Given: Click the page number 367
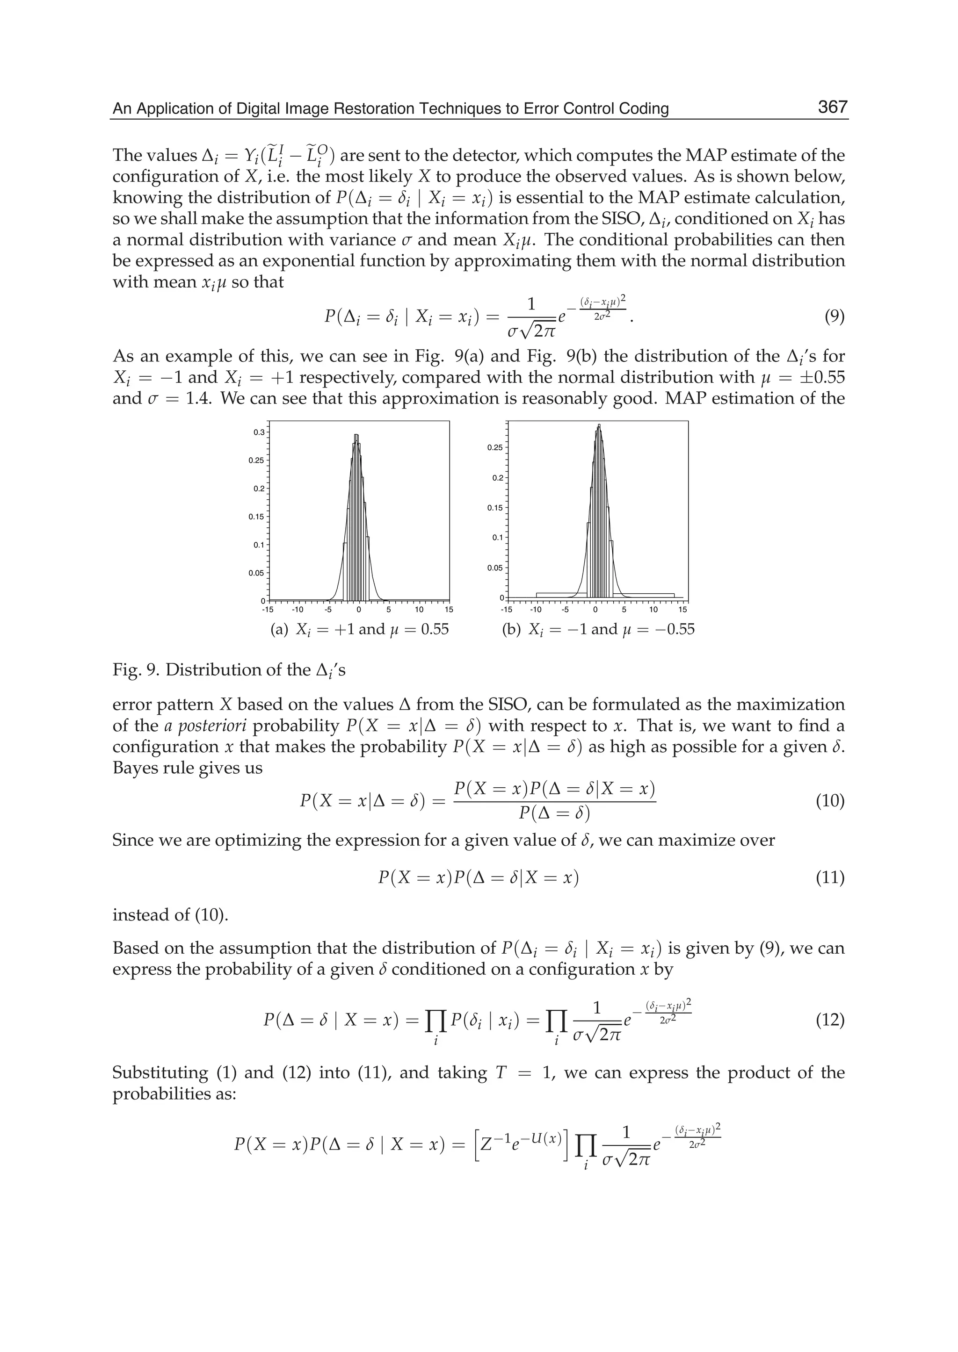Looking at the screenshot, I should point(832,108).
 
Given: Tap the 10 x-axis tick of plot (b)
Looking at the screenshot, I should point(653,610).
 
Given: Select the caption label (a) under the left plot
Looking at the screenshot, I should point(279,630).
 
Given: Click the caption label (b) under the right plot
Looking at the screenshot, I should point(511,630).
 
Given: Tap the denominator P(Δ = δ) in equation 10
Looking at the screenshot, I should point(554,813).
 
